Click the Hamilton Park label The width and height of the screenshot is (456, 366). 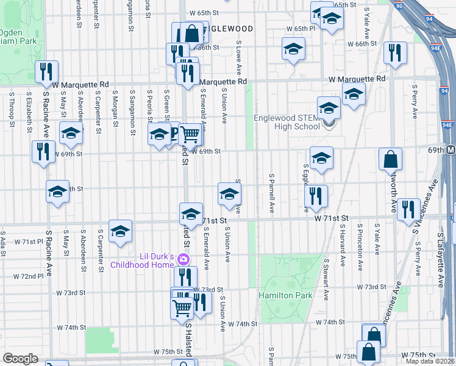click(x=285, y=295)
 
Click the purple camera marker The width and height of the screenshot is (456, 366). click(x=182, y=260)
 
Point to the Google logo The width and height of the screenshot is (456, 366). click(x=20, y=359)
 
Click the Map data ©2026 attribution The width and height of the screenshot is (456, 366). click(x=430, y=361)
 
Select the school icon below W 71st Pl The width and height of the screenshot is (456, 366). click(x=121, y=231)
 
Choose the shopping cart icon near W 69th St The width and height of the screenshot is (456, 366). click(x=190, y=133)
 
